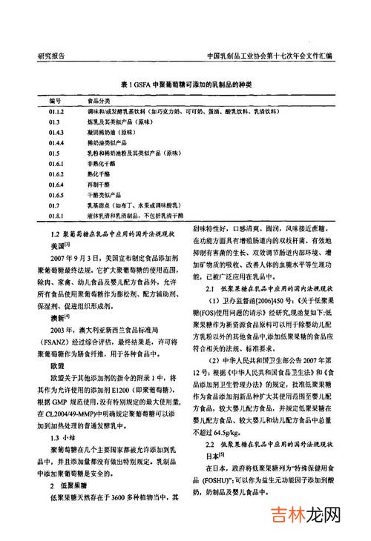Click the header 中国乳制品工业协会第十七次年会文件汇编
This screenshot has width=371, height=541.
pos(269,56)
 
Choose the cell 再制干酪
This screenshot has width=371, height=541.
pos(100,182)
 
